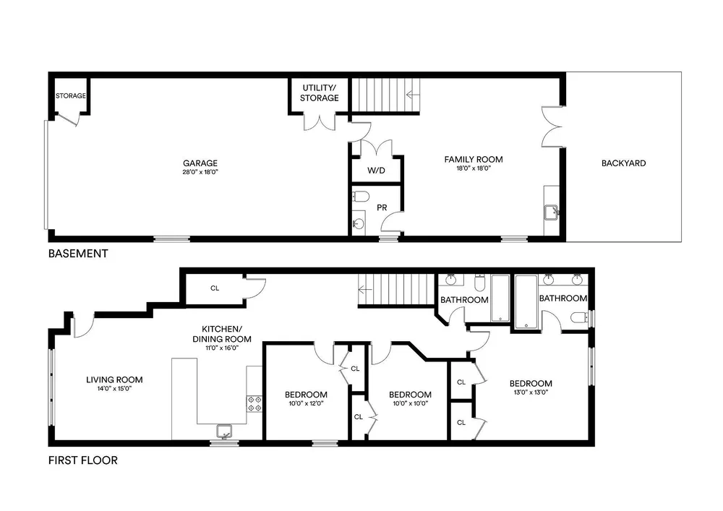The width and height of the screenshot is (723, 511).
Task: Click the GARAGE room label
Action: pos(200,163)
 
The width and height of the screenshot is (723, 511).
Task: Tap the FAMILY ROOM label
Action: pos(474,160)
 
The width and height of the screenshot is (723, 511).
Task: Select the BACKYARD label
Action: pos(623,163)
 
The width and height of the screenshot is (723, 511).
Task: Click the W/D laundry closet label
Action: pos(376,171)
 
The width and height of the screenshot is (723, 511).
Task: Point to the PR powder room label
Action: pos(382,208)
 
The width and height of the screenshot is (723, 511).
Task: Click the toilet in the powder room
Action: pos(361,197)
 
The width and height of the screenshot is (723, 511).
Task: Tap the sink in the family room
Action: pos(552,212)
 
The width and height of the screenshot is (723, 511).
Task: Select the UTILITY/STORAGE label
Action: pos(319,93)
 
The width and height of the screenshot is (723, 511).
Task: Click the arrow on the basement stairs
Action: pos(413,95)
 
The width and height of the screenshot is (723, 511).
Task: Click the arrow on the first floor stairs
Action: pos(365,290)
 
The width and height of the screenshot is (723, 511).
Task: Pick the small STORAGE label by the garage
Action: pos(71,96)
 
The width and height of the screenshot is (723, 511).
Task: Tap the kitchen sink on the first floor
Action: pos(225,431)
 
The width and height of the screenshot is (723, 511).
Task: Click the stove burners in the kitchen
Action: pos(254,403)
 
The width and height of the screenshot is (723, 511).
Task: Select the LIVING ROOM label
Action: pos(114,379)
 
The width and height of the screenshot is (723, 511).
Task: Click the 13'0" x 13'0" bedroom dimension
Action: pos(531,392)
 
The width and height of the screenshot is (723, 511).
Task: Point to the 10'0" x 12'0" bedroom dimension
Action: pos(306,403)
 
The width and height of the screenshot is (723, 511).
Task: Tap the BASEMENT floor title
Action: pos(78,254)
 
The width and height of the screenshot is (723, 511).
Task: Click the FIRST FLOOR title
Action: pos(83,460)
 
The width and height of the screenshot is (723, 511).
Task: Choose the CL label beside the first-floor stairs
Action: pos(215,288)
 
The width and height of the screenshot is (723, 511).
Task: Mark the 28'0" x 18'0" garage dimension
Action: pos(200,172)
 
